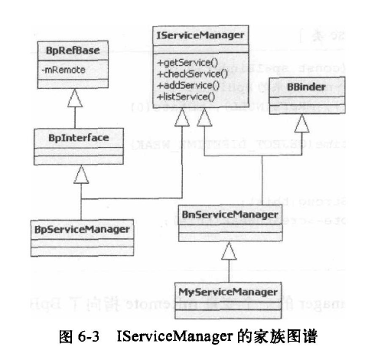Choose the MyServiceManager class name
[x=229, y=292]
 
